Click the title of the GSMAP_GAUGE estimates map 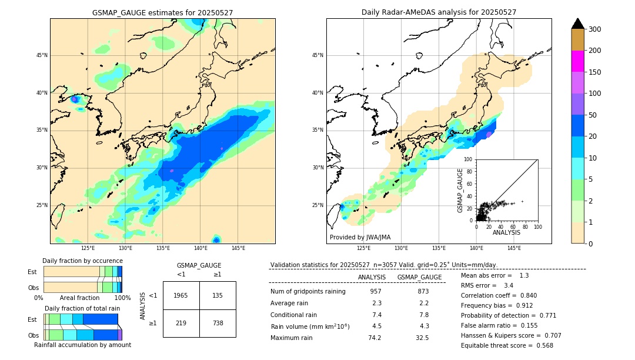[162, 12]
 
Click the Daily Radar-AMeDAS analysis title [439, 12]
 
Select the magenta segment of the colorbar [577, 61]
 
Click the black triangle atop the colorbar [577, 24]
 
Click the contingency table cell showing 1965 [181, 295]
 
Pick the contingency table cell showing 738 [218, 324]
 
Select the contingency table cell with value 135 [218, 295]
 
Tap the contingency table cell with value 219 [181, 324]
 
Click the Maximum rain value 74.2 [375, 338]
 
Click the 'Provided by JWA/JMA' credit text [360, 238]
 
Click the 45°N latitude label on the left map [42, 55]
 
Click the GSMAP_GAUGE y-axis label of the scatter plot [461, 190]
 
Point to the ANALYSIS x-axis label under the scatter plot [506, 232]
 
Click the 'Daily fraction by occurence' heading [82, 261]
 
